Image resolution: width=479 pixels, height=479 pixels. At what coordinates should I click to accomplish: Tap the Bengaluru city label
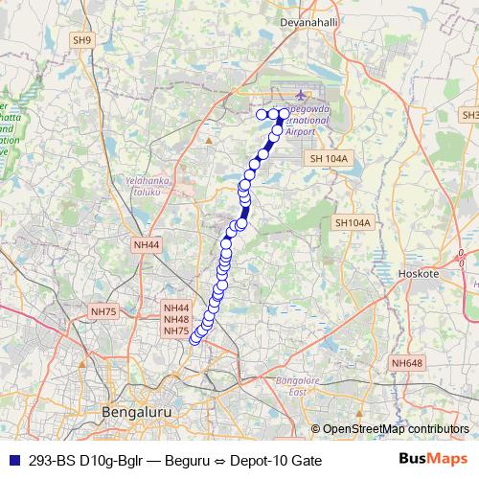[x=135, y=412]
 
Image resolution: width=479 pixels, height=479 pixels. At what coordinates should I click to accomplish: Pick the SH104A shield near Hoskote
[x=352, y=223]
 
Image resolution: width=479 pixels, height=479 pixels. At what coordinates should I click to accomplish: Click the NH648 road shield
[x=407, y=363]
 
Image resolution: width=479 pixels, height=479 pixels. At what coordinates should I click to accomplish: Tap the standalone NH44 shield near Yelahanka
[x=147, y=245]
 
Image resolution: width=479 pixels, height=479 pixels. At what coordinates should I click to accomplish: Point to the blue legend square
[x=12, y=459]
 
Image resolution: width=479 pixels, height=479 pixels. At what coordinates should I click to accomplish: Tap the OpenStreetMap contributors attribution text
[x=396, y=429]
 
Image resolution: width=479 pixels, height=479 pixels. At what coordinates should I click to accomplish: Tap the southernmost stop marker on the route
[x=194, y=338]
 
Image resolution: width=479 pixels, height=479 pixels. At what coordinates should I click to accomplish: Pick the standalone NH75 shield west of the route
[x=103, y=311]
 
